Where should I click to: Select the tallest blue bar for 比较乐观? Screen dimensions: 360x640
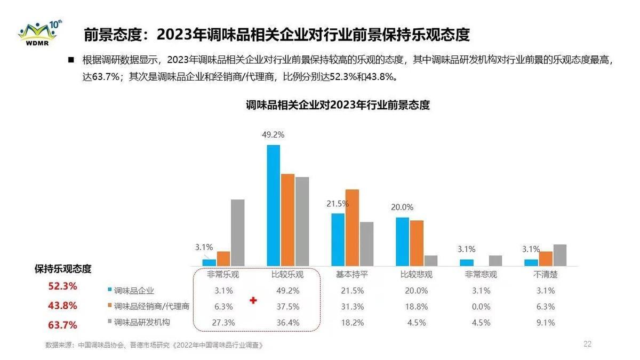pyautogui.click(x=273, y=205)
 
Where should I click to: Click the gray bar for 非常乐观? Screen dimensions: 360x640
pyautogui.click(x=237, y=233)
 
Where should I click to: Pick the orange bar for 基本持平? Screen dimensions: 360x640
pyautogui.click(x=352, y=228)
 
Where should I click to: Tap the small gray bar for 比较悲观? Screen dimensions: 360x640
pyautogui.click(x=431, y=261)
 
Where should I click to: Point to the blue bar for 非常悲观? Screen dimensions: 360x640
pyautogui.click(x=467, y=262)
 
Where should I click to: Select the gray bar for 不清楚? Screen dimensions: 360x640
pyautogui.click(x=559, y=255)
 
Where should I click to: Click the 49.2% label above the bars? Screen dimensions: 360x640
pyautogui.click(x=273, y=135)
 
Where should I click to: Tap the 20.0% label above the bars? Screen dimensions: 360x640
pyautogui.click(x=402, y=207)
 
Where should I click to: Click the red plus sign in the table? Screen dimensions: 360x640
pyautogui.click(x=253, y=301)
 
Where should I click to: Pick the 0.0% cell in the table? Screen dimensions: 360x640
pyautogui.click(x=481, y=307)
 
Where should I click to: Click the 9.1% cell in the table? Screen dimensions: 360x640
pyautogui.click(x=545, y=323)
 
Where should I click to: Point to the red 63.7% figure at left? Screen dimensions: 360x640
pyautogui.click(x=63, y=325)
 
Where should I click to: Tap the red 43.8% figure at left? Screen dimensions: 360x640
pyautogui.click(x=63, y=306)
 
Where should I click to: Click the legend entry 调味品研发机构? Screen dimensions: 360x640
pyautogui.click(x=142, y=323)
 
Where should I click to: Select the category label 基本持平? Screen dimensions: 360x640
pyautogui.click(x=351, y=275)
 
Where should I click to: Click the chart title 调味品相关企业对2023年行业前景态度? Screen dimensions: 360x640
pyautogui.click(x=338, y=105)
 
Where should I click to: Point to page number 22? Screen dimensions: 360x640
pyautogui.click(x=587, y=344)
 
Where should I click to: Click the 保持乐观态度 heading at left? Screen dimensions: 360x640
pyautogui.click(x=63, y=269)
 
